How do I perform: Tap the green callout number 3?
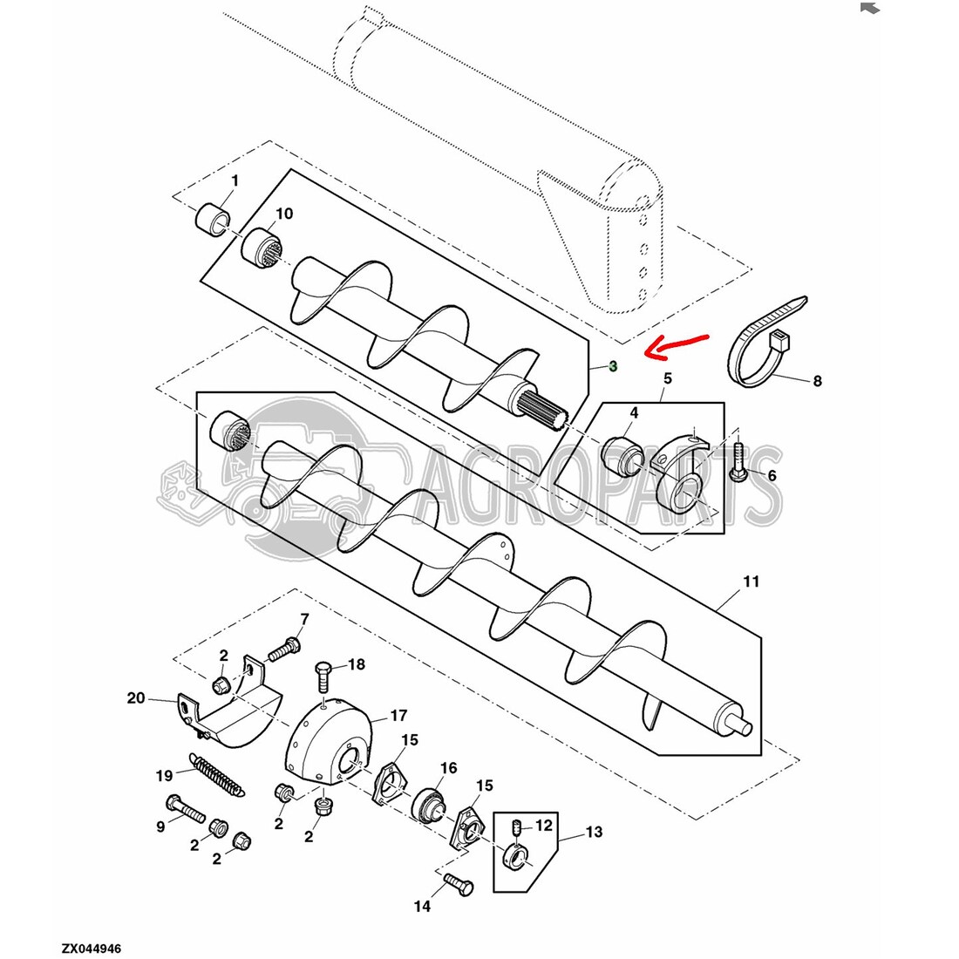(612, 366)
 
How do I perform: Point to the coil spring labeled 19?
(218, 775)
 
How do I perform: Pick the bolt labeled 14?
(458, 884)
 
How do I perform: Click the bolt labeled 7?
(284, 649)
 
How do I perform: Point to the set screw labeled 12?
(516, 828)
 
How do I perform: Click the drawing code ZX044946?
(92, 949)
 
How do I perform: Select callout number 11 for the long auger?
(751, 581)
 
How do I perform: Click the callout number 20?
(136, 697)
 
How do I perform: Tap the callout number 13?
(594, 832)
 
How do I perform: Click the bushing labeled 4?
(622, 457)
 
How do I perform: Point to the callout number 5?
(667, 378)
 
